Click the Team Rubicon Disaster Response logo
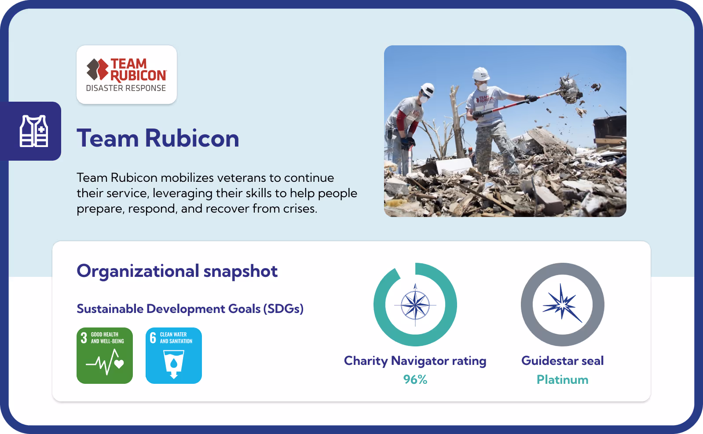127,75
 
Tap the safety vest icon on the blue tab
34,131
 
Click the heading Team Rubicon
158,138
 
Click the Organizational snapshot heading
177,271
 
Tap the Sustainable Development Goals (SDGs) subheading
190,309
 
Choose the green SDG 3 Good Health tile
105,356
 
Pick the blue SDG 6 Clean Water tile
174,356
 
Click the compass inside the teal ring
415,305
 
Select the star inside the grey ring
562,304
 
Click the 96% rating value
415,379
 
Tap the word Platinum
562,379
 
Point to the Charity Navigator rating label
415,361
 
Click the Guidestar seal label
562,361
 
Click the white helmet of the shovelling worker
481,74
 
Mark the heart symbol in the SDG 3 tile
119,364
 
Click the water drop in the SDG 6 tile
174,363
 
